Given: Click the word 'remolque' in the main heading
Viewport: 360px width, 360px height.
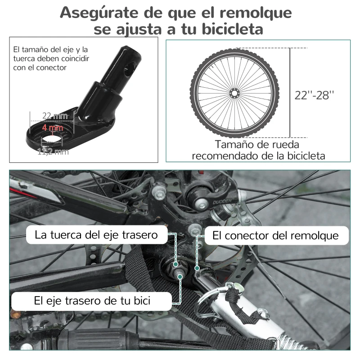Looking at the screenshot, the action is tap(256, 13).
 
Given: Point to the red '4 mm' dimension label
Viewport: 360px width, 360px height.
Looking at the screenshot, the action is tap(53, 128).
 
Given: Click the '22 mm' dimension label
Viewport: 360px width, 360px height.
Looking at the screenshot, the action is tap(55, 116).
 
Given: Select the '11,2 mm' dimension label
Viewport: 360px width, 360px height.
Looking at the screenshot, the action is tap(53, 152).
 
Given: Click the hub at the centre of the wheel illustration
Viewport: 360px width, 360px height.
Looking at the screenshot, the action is tap(234, 94).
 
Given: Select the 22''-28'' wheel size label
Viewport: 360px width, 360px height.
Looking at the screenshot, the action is tap(314, 95).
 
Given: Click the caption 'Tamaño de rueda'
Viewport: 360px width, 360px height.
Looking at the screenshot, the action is tap(257, 144).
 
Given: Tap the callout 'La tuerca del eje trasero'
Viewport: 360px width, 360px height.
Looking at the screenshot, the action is tap(96, 235).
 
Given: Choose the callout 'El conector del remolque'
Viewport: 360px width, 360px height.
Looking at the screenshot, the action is tap(275, 235).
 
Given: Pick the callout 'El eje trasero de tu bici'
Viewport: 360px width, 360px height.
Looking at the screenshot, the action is tap(92, 301).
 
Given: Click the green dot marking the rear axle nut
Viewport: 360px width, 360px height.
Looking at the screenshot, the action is tap(175, 264).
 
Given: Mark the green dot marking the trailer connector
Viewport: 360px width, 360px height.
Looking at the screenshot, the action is tap(197, 268).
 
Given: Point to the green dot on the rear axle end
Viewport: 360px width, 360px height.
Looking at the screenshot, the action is tap(180, 277).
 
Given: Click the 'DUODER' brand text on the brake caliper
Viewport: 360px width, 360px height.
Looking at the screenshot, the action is tap(222, 202).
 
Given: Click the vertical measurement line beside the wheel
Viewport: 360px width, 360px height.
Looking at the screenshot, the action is tap(290, 93).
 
